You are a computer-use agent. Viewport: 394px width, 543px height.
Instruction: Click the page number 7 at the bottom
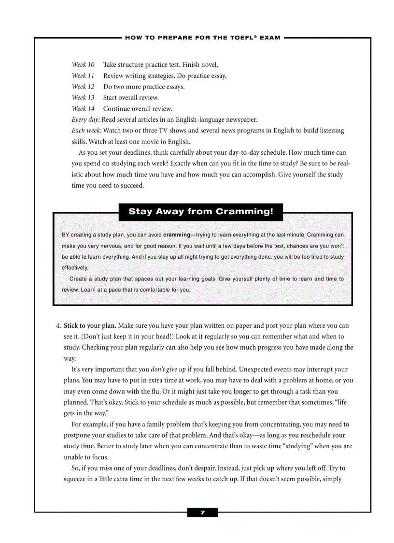point(202,513)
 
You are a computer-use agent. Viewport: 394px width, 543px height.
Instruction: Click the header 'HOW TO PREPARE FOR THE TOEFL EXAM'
point(202,38)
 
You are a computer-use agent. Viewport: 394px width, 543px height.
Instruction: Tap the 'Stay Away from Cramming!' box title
point(201,212)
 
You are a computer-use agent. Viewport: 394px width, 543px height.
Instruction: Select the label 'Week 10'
point(83,64)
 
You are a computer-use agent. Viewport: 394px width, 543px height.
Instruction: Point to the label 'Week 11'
point(83,75)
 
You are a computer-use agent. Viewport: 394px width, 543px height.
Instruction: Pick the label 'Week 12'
point(83,87)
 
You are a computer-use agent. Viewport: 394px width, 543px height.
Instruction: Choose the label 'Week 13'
point(83,98)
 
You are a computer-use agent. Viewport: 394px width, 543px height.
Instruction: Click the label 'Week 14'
point(83,109)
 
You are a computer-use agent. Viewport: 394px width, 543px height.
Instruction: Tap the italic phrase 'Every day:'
point(85,120)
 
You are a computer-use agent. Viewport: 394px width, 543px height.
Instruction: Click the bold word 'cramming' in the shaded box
point(177,235)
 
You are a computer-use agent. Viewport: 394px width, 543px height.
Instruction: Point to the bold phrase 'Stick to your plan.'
point(90,325)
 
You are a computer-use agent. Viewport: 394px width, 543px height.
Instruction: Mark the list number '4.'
point(59,325)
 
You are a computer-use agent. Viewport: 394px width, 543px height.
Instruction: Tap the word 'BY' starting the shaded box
point(66,235)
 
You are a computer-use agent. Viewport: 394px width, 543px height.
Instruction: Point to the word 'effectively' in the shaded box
point(75,267)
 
